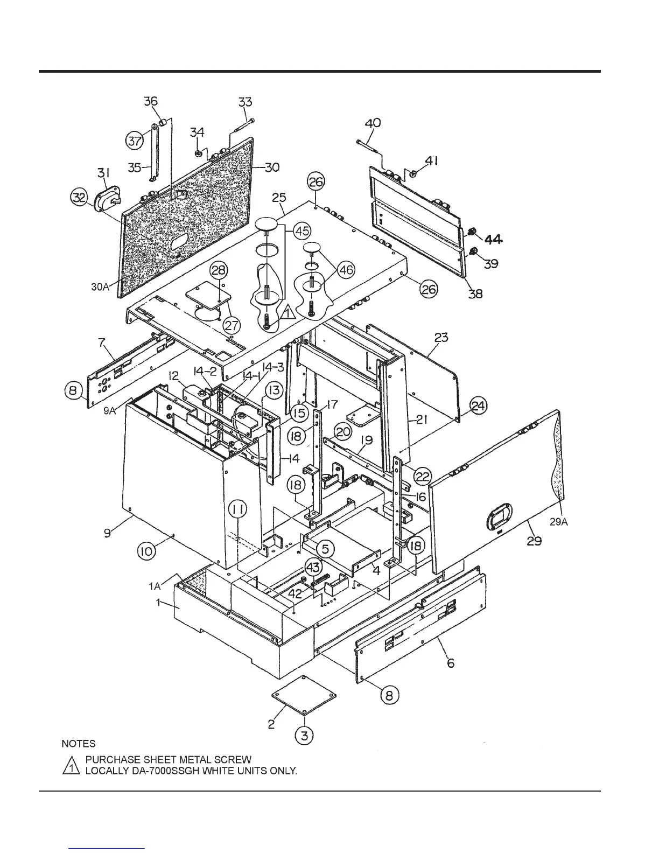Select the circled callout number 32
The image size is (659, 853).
[79, 198]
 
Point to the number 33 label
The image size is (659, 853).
[245, 102]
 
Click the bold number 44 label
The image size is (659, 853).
[494, 240]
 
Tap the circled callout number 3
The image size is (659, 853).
[305, 735]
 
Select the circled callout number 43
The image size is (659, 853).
[313, 567]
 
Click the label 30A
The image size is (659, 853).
[100, 287]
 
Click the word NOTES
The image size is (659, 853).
[79, 744]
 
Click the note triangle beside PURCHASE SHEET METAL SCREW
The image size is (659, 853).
[71, 765]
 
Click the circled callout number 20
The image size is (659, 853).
[343, 430]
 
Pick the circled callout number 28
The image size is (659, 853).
[219, 271]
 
